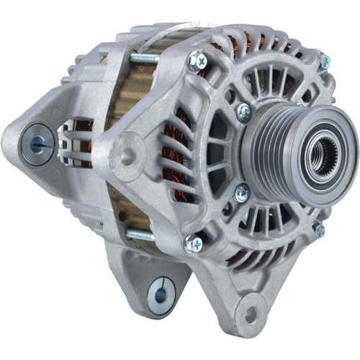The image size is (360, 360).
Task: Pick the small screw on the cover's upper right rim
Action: click(325, 63)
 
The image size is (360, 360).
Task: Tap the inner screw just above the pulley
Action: click(244, 111)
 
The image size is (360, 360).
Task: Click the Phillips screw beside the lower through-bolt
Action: click(193, 244)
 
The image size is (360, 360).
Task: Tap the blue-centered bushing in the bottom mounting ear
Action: click(161, 294)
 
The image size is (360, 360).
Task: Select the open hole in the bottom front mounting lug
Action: click(251, 314)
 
